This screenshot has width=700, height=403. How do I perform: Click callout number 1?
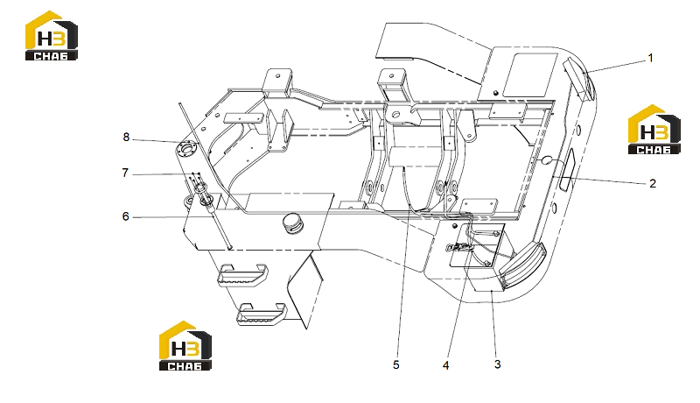point(650,58)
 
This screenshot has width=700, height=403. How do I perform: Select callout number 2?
point(653,184)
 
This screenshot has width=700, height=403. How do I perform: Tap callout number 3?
point(497,364)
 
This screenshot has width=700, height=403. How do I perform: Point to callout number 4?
point(445,365)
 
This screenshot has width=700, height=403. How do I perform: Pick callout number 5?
point(396,365)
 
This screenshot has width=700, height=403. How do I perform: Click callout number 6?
point(125,216)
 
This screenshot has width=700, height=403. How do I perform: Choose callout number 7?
point(125,173)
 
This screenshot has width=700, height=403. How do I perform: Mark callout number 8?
point(126,138)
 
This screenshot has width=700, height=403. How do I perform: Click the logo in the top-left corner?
point(52,36)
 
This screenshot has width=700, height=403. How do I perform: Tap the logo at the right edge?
point(654,130)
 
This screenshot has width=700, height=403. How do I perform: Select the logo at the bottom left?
point(185,345)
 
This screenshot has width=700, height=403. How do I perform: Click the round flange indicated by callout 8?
point(186,148)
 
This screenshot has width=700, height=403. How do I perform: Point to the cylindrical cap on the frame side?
point(292,223)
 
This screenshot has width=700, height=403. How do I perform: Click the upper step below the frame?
point(242,275)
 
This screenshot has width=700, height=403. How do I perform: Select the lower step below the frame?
point(262,314)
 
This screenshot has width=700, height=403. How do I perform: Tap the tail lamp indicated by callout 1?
point(579,78)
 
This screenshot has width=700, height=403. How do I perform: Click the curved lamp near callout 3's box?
point(521,265)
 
